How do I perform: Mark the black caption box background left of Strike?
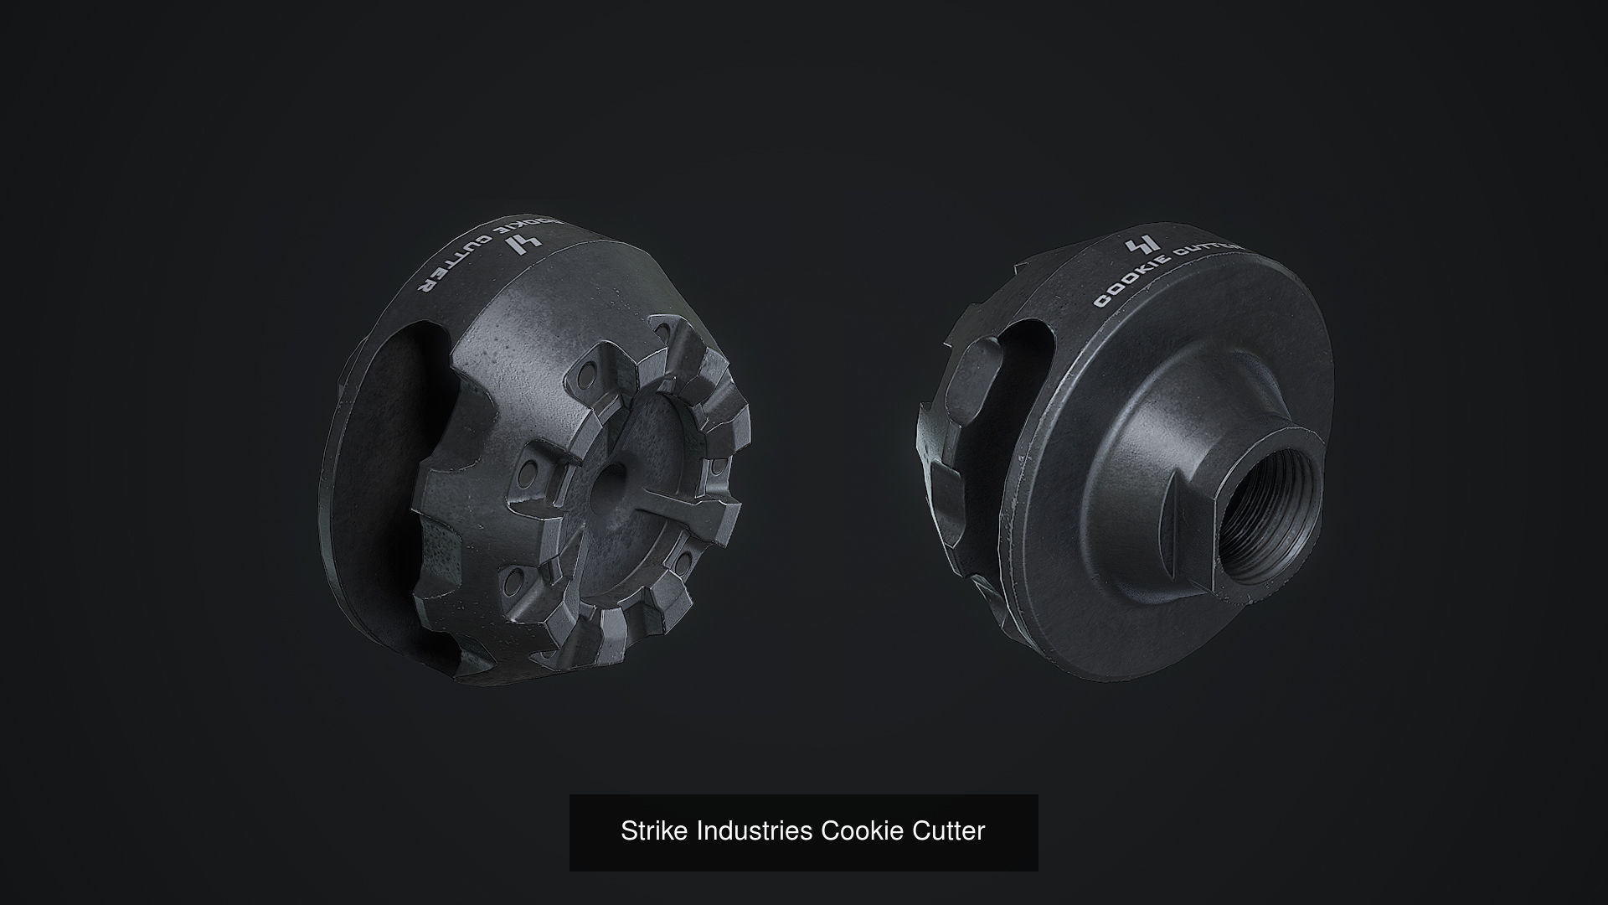pyautogui.click(x=593, y=831)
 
